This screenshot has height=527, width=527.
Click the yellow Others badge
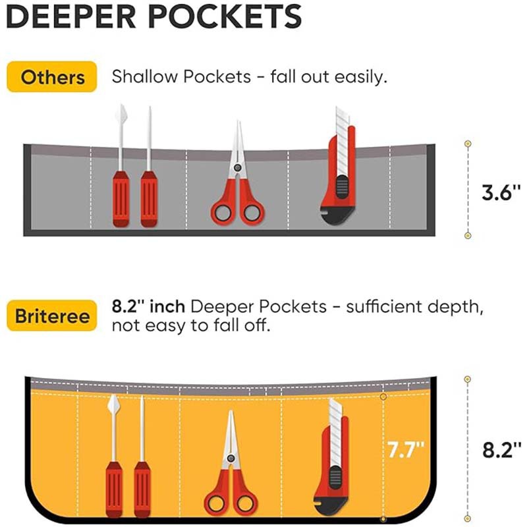pyautogui.click(x=53, y=77)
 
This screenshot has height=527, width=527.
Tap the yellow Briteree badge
pyautogui.click(x=53, y=317)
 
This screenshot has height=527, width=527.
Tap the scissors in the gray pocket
pyautogui.click(x=237, y=184)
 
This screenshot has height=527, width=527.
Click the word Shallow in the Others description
pyautogui.click(x=144, y=76)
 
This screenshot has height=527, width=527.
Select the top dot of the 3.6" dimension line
pyautogui.click(x=468, y=144)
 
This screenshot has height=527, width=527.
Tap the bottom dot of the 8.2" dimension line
pyautogui.click(x=468, y=520)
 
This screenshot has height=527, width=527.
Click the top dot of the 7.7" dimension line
pyautogui.click(x=383, y=397)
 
